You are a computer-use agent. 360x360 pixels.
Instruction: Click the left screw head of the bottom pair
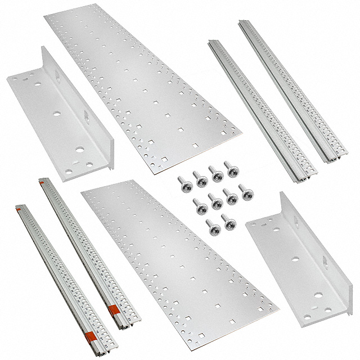click(213, 227)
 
